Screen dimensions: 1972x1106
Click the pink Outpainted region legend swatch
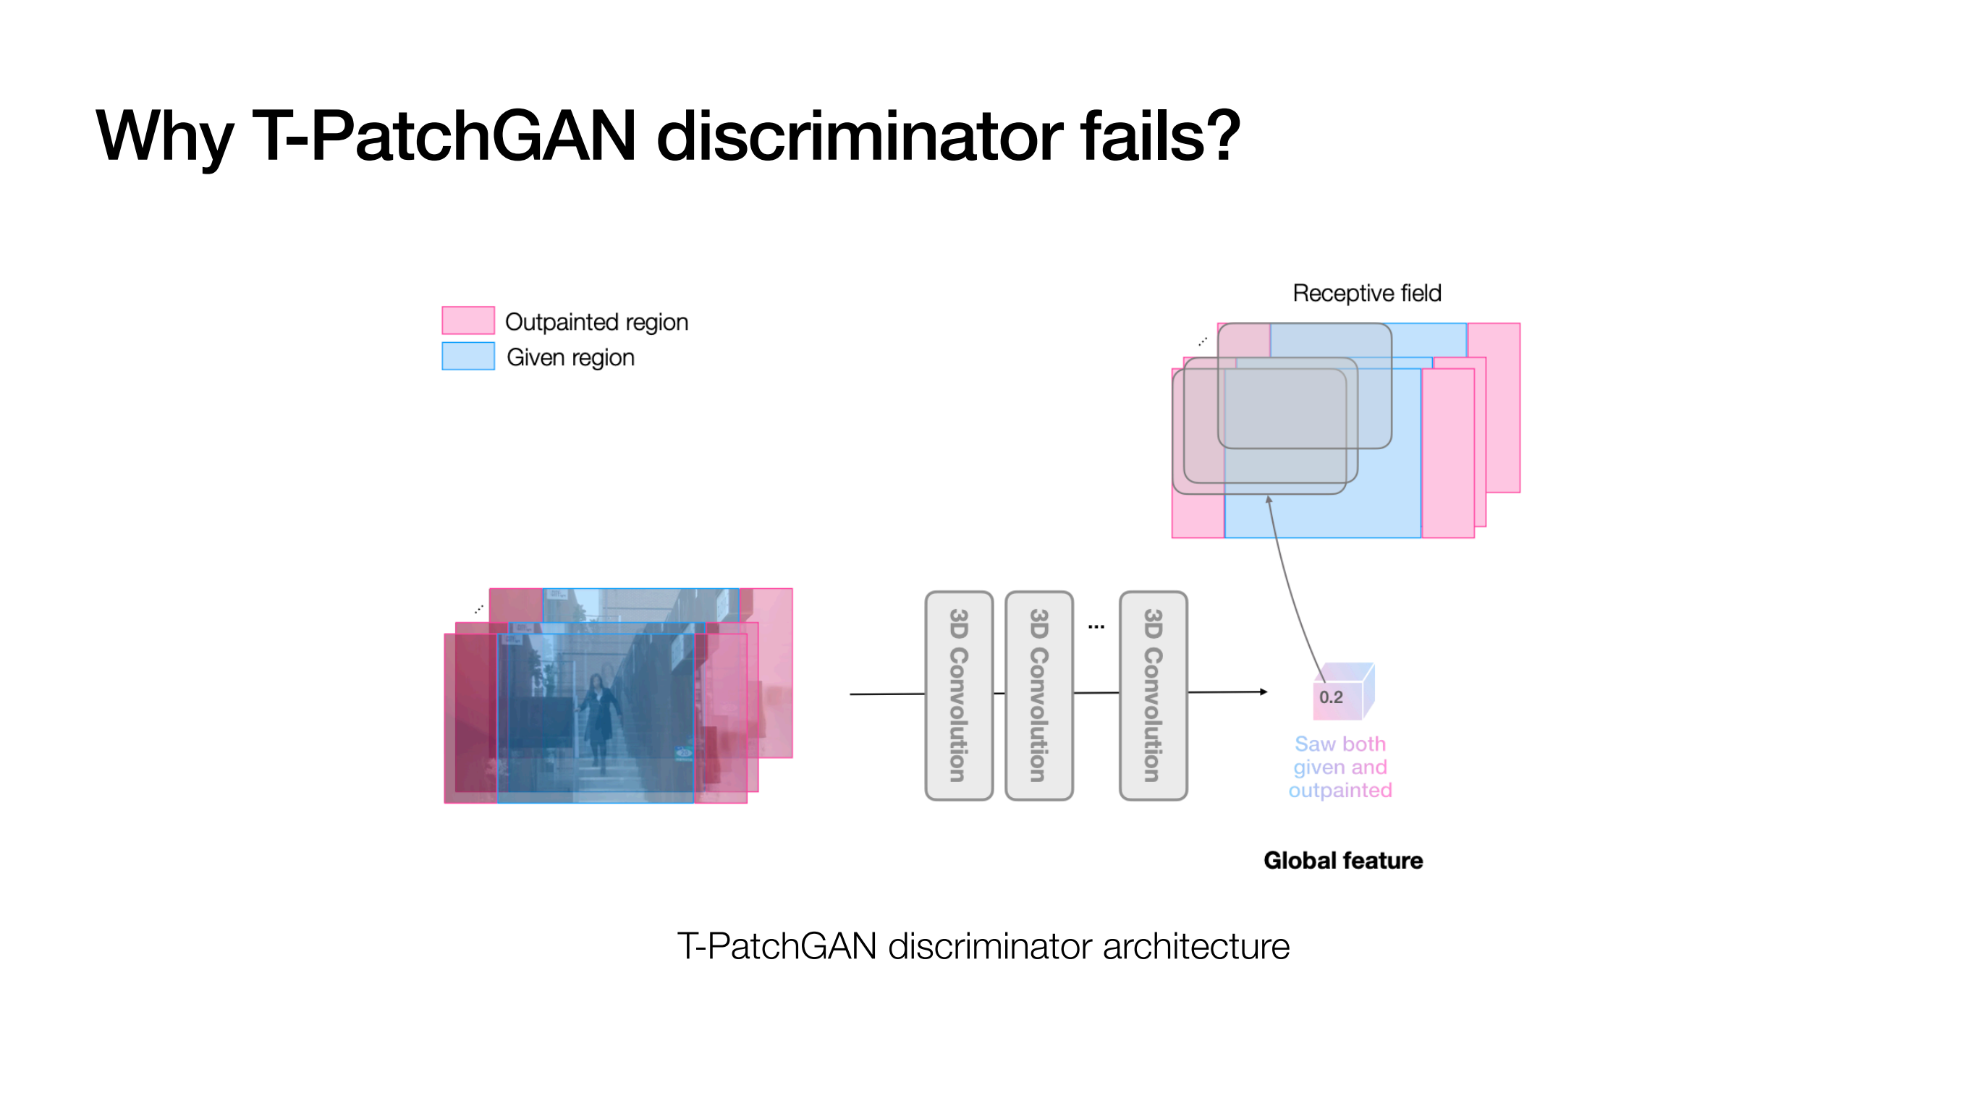(x=467, y=320)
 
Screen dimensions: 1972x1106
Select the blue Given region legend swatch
(x=467, y=356)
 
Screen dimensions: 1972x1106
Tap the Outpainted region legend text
(x=596, y=322)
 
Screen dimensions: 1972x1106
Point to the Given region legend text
(x=570, y=357)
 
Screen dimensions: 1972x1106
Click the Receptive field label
(x=1366, y=293)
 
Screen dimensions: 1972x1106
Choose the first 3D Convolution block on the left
(x=958, y=695)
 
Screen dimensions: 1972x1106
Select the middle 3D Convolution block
(x=1038, y=695)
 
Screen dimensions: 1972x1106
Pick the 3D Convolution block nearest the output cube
(x=1153, y=695)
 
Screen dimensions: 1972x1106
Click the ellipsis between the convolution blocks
(x=1096, y=627)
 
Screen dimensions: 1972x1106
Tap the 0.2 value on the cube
(x=1331, y=697)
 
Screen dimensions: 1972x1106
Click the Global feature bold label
(x=1342, y=860)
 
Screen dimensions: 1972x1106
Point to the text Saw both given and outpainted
(x=1340, y=767)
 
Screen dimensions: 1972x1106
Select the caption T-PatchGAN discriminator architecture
(x=983, y=946)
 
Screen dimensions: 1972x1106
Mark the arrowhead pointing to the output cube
(x=1264, y=692)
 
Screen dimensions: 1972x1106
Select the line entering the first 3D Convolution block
(x=887, y=694)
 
